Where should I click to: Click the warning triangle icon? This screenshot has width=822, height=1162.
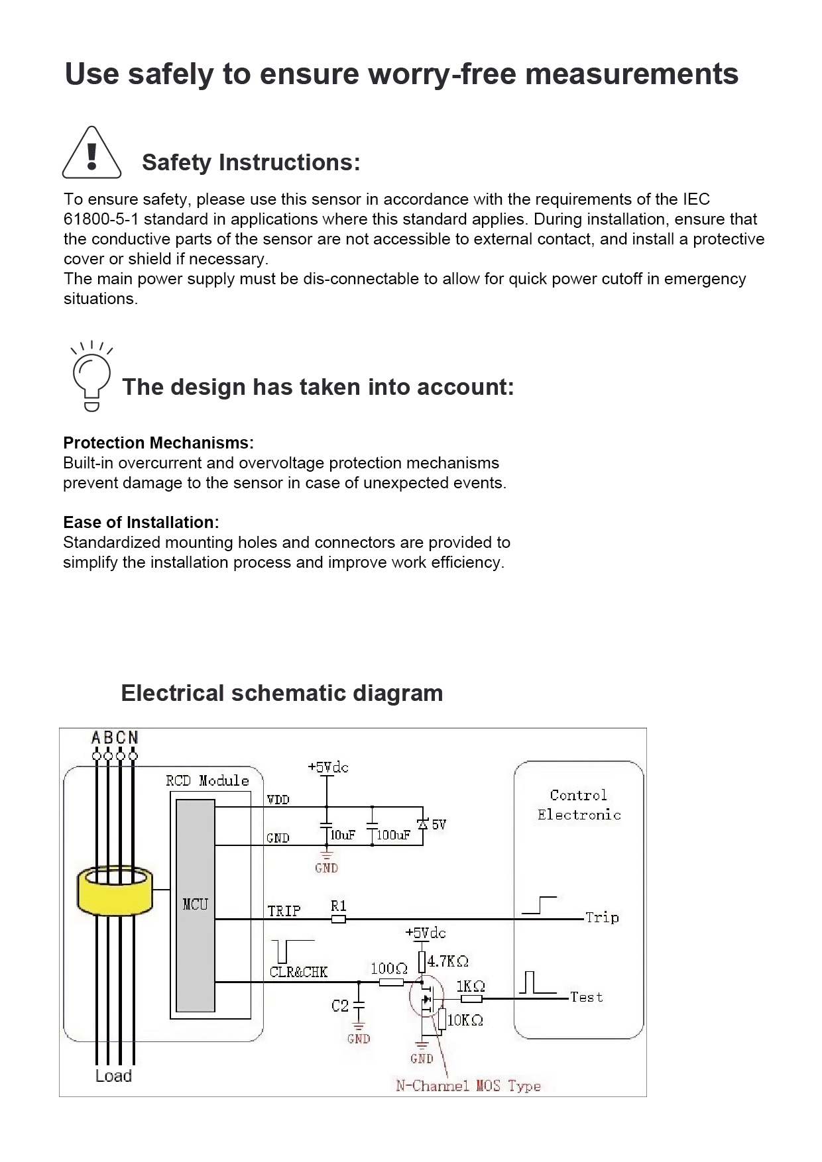pyautogui.click(x=91, y=154)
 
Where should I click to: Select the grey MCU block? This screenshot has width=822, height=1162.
pyautogui.click(x=196, y=904)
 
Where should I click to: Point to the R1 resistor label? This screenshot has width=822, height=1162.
pyautogui.click(x=338, y=906)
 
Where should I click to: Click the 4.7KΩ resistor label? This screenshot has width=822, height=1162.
pyautogui.click(x=448, y=961)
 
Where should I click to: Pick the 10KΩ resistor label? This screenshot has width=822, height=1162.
pyautogui.click(x=465, y=1020)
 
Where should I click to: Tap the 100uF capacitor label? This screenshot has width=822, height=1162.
pyautogui.click(x=393, y=835)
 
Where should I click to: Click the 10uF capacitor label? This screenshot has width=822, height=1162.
pyautogui.click(x=343, y=835)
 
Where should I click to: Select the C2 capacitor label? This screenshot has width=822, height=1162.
pyautogui.click(x=339, y=1006)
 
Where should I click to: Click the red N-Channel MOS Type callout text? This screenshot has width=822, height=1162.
pyautogui.click(x=468, y=1086)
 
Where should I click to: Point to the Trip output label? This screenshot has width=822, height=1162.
pyautogui.click(x=602, y=918)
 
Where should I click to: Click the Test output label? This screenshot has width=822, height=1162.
pyautogui.click(x=587, y=997)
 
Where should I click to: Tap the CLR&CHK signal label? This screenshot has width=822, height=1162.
pyautogui.click(x=298, y=972)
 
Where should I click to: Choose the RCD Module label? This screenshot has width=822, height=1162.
pyautogui.click(x=207, y=780)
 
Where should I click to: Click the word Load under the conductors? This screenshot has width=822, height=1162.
pyautogui.click(x=113, y=1076)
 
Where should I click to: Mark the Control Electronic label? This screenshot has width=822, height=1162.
pyautogui.click(x=579, y=805)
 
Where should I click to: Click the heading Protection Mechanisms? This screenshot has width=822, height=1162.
pyautogui.click(x=158, y=443)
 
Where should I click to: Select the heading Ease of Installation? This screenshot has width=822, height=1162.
pyautogui.click(x=141, y=522)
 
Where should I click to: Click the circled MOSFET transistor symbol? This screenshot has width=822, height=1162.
pyautogui.click(x=427, y=998)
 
